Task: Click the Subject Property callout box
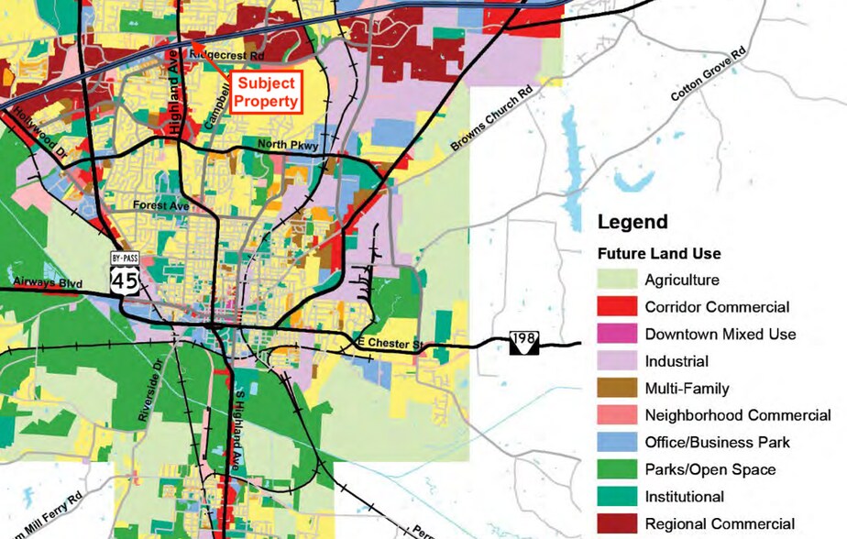[x=268, y=92]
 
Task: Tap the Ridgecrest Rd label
[x=226, y=55]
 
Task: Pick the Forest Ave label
[x=161, y=206]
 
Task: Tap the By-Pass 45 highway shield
[x=124, y=273]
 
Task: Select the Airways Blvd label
[x=48, y=283]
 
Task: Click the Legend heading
[x=632, y=222]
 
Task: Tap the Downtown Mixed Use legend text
[x=720, y=335]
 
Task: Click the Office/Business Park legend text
[x=717, y=443]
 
